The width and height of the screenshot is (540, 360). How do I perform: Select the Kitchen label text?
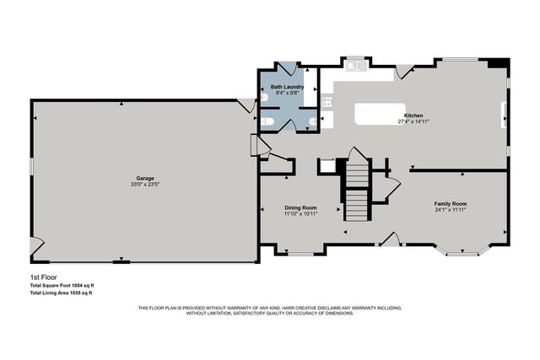(x=413, y=116)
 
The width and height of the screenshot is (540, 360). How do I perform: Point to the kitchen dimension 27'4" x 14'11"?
(x=413, y=121)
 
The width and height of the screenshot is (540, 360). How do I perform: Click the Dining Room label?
(x=300, y=207)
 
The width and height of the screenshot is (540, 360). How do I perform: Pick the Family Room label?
(x=451, y=203)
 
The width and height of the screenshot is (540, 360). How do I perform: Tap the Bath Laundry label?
(x=287, y=86)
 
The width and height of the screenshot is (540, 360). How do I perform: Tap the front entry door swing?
(x=389, y=239)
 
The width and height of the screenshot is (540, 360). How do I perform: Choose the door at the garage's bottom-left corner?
(x=35, y=246)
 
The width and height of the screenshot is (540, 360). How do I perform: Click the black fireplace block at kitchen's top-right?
(x=499, y=62)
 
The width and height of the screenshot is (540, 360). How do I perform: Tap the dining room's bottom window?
(x=300, y=252)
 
